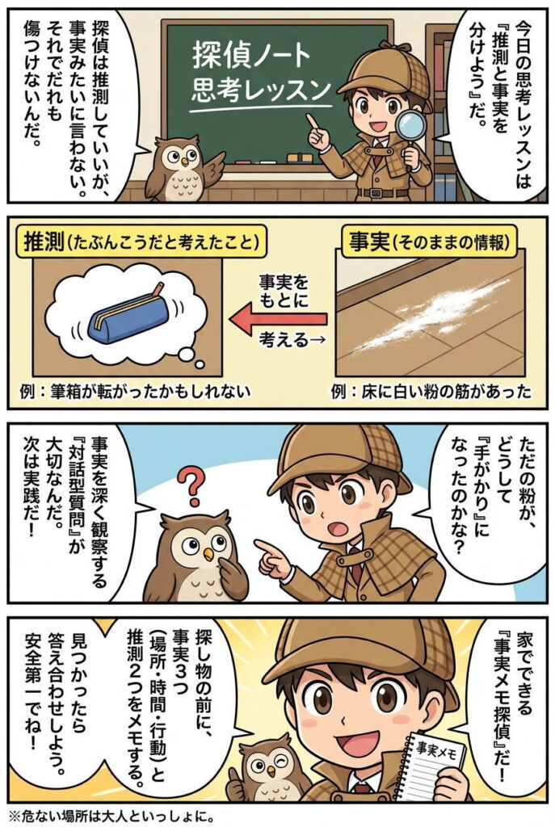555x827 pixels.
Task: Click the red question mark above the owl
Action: tap(190, 485)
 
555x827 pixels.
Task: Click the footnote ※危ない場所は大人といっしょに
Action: tap(111, 817)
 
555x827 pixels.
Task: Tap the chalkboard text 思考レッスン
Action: tap(261, 90)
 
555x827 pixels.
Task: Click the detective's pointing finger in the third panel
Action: tap(267, 546)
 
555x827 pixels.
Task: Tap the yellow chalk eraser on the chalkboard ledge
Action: tap(299, 157)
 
